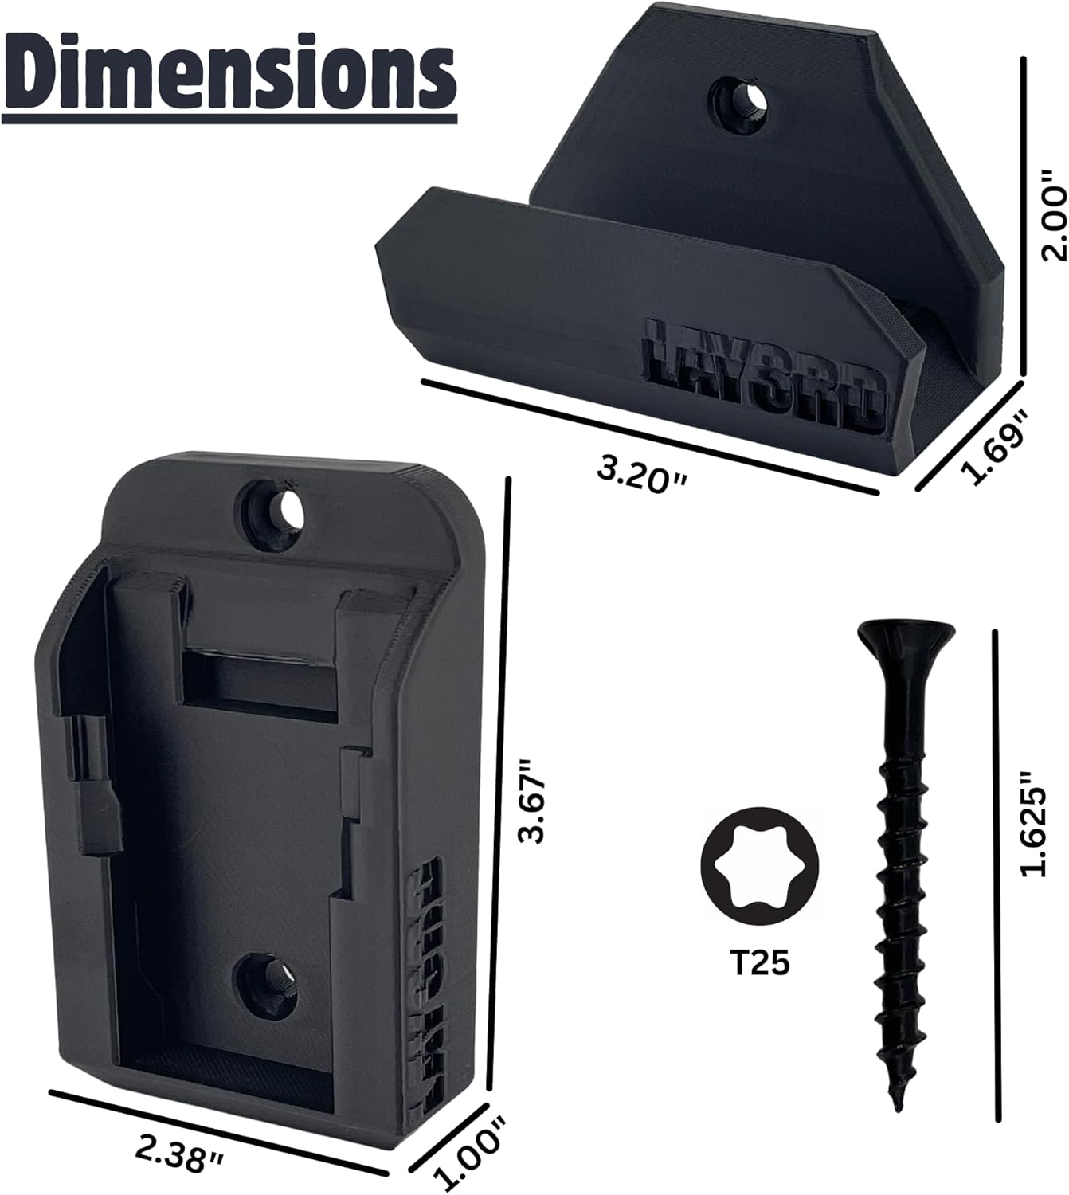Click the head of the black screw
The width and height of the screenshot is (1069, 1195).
pos(906,637)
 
